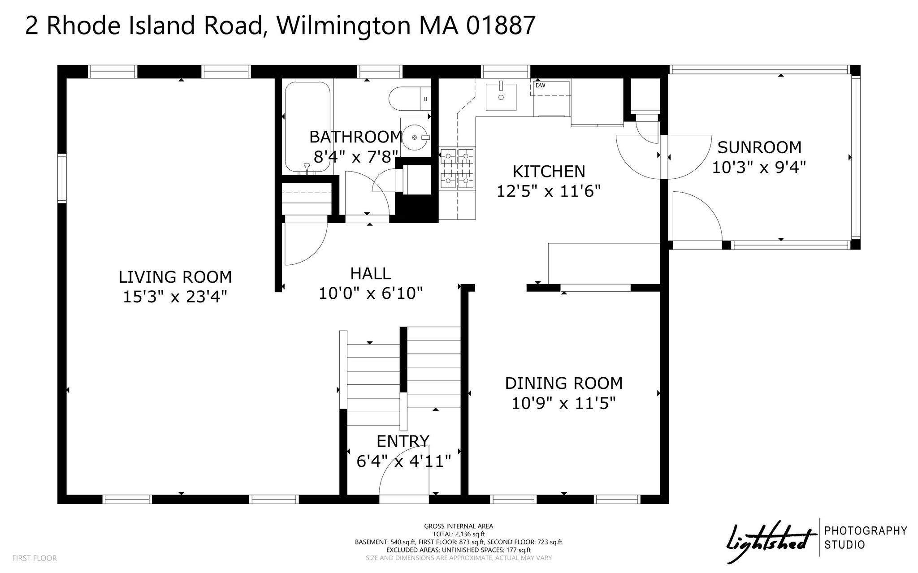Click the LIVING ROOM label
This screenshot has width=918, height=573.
[x=175, y=277]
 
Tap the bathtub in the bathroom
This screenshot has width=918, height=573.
[x=307, y=128]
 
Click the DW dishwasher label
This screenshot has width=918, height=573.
[x=540, y=85]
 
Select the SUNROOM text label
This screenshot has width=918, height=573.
[x=760, y=147]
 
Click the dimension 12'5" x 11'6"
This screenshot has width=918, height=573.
[x=549, y=191]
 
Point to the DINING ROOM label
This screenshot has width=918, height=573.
[x=564, y=383]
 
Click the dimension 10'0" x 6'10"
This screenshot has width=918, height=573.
[x=371, y=293]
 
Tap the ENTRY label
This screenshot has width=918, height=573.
[x=403, y=441]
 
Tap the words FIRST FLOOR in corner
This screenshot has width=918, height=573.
[x=35, y=558]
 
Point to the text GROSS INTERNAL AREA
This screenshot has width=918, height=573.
[x=459, y=526]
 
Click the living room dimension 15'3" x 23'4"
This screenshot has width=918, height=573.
[x=175, y=297]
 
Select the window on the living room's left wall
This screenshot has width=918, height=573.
[x=62, y=178]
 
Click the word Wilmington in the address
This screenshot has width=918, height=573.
[x=343, y=26]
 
